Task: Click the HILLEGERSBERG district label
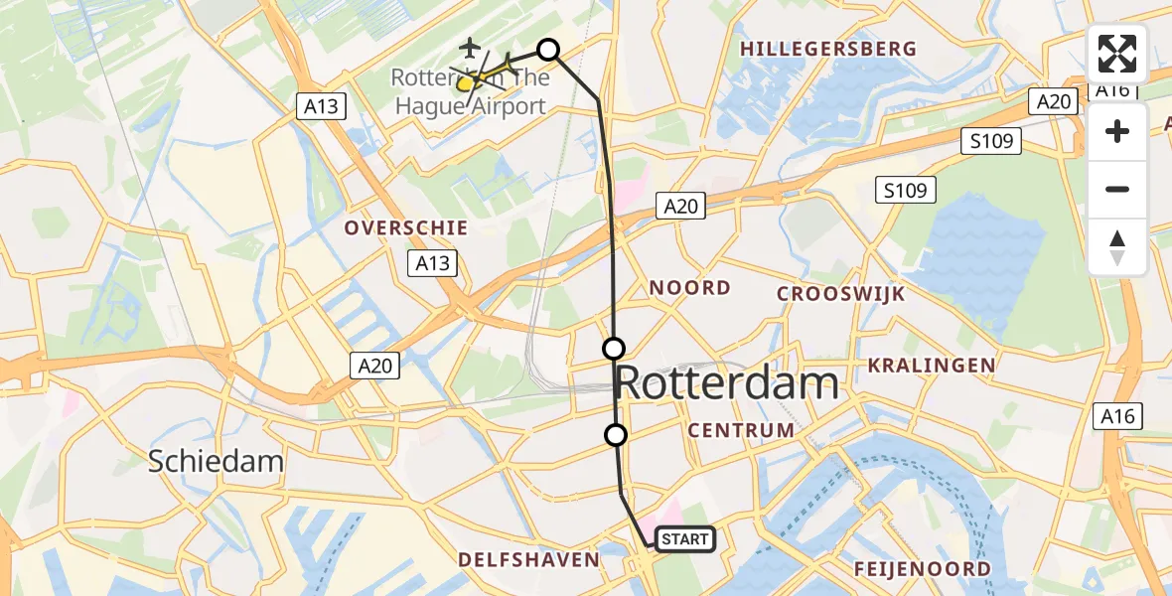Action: [827, 49]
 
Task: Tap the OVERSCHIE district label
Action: [405, 227]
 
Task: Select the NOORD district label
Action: [689, 288]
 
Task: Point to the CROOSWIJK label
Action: [840, 294]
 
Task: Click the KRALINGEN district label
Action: [931, 366]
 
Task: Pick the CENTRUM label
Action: [741, 430]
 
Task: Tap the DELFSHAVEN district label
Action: [528, 560]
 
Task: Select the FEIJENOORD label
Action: [922, 569]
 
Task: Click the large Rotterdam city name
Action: [727, 382]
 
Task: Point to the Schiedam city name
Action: [216, 461]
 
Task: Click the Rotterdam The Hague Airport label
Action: [469, 91]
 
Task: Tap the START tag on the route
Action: [684, 539]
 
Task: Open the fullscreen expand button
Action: [1117, 54]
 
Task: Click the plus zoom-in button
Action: [1117, 131]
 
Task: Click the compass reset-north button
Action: [1117, 247]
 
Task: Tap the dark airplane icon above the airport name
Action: [470, 47]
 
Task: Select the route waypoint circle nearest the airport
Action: [548, 49]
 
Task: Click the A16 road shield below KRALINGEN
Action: [1119, 416]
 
